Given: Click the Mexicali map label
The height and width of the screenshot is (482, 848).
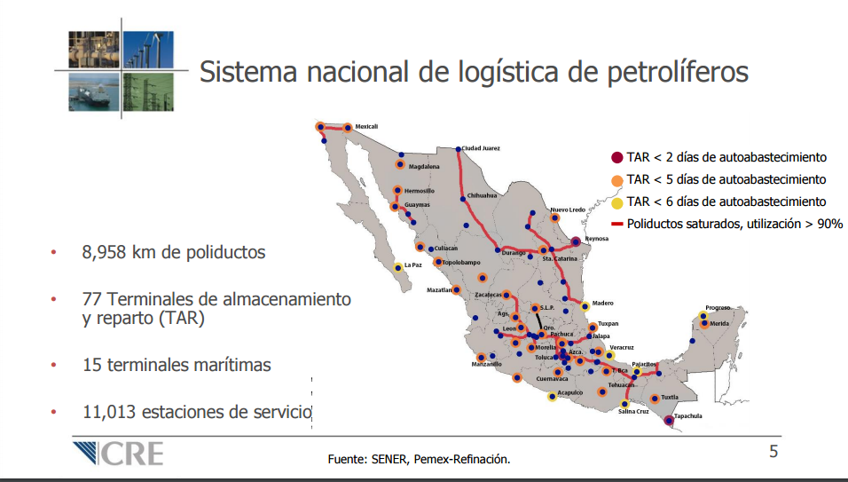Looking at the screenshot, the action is [x=366, y=127].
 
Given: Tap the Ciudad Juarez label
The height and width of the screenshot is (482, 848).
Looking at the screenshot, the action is [x=480, y=148].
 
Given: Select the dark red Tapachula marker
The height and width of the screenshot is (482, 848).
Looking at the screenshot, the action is [x=669, y=420].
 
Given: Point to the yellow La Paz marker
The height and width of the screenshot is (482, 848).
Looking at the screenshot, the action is [x=398, y=267].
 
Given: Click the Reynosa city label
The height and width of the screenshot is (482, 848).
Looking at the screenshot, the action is [x=596, y=239].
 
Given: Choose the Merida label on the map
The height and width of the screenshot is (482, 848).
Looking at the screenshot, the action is [x=719, y=323].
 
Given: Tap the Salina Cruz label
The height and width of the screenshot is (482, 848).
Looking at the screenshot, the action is [x=633, y=412].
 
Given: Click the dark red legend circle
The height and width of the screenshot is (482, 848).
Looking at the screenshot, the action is [x=617, y=158].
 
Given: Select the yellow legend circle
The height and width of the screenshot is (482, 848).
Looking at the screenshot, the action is [x=617, y=203].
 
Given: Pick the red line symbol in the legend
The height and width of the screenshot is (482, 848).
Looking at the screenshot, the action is [x=617, y=224].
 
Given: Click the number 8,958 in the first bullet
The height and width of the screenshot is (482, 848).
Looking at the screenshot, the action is [x=104, y=253].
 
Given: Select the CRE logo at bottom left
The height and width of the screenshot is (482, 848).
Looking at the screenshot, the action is [x=118, y=454].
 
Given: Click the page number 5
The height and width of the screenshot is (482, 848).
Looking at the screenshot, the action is [x=773, y=451].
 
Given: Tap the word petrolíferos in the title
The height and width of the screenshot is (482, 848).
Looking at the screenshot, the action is [x=678, y=73].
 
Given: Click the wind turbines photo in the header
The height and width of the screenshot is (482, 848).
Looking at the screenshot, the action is [x=148, y=49].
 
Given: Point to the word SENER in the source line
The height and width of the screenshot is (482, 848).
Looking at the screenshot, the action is [x=389, y=459].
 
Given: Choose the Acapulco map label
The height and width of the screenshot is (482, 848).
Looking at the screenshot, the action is [x=570, y=392].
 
